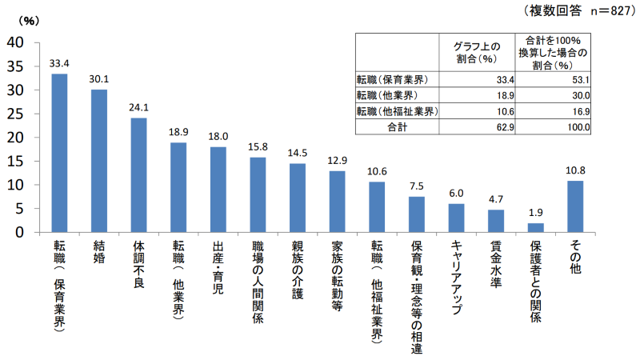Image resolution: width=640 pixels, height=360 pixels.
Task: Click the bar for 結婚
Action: [99, 160]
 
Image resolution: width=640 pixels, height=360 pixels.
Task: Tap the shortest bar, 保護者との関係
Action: [535, 227]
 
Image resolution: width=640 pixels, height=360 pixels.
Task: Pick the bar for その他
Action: [574, 206]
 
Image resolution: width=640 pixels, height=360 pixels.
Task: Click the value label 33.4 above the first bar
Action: [59, 62]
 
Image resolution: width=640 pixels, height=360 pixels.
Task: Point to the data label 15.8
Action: [258, 146]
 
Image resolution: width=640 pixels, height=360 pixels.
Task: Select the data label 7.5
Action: [416, 186]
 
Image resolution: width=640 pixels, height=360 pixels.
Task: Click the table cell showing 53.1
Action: [577, 80]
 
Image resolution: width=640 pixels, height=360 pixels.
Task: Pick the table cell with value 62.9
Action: [503, 126]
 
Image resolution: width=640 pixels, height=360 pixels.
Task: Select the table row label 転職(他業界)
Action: [391, 95]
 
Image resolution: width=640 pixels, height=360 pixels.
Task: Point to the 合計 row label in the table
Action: [398, 126]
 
